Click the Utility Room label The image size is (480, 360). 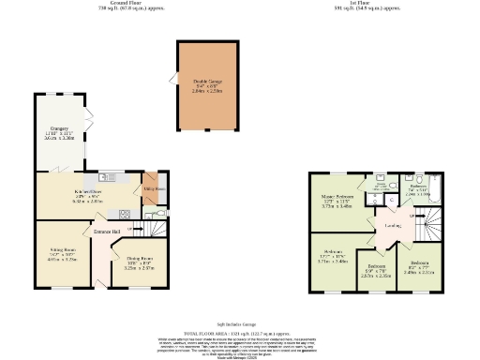click(150, 188)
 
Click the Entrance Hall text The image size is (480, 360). click(105, 231)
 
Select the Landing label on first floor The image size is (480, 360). click(394, 225)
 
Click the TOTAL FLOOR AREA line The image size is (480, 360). click(240, 332)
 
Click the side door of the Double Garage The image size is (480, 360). click(172, 79)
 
